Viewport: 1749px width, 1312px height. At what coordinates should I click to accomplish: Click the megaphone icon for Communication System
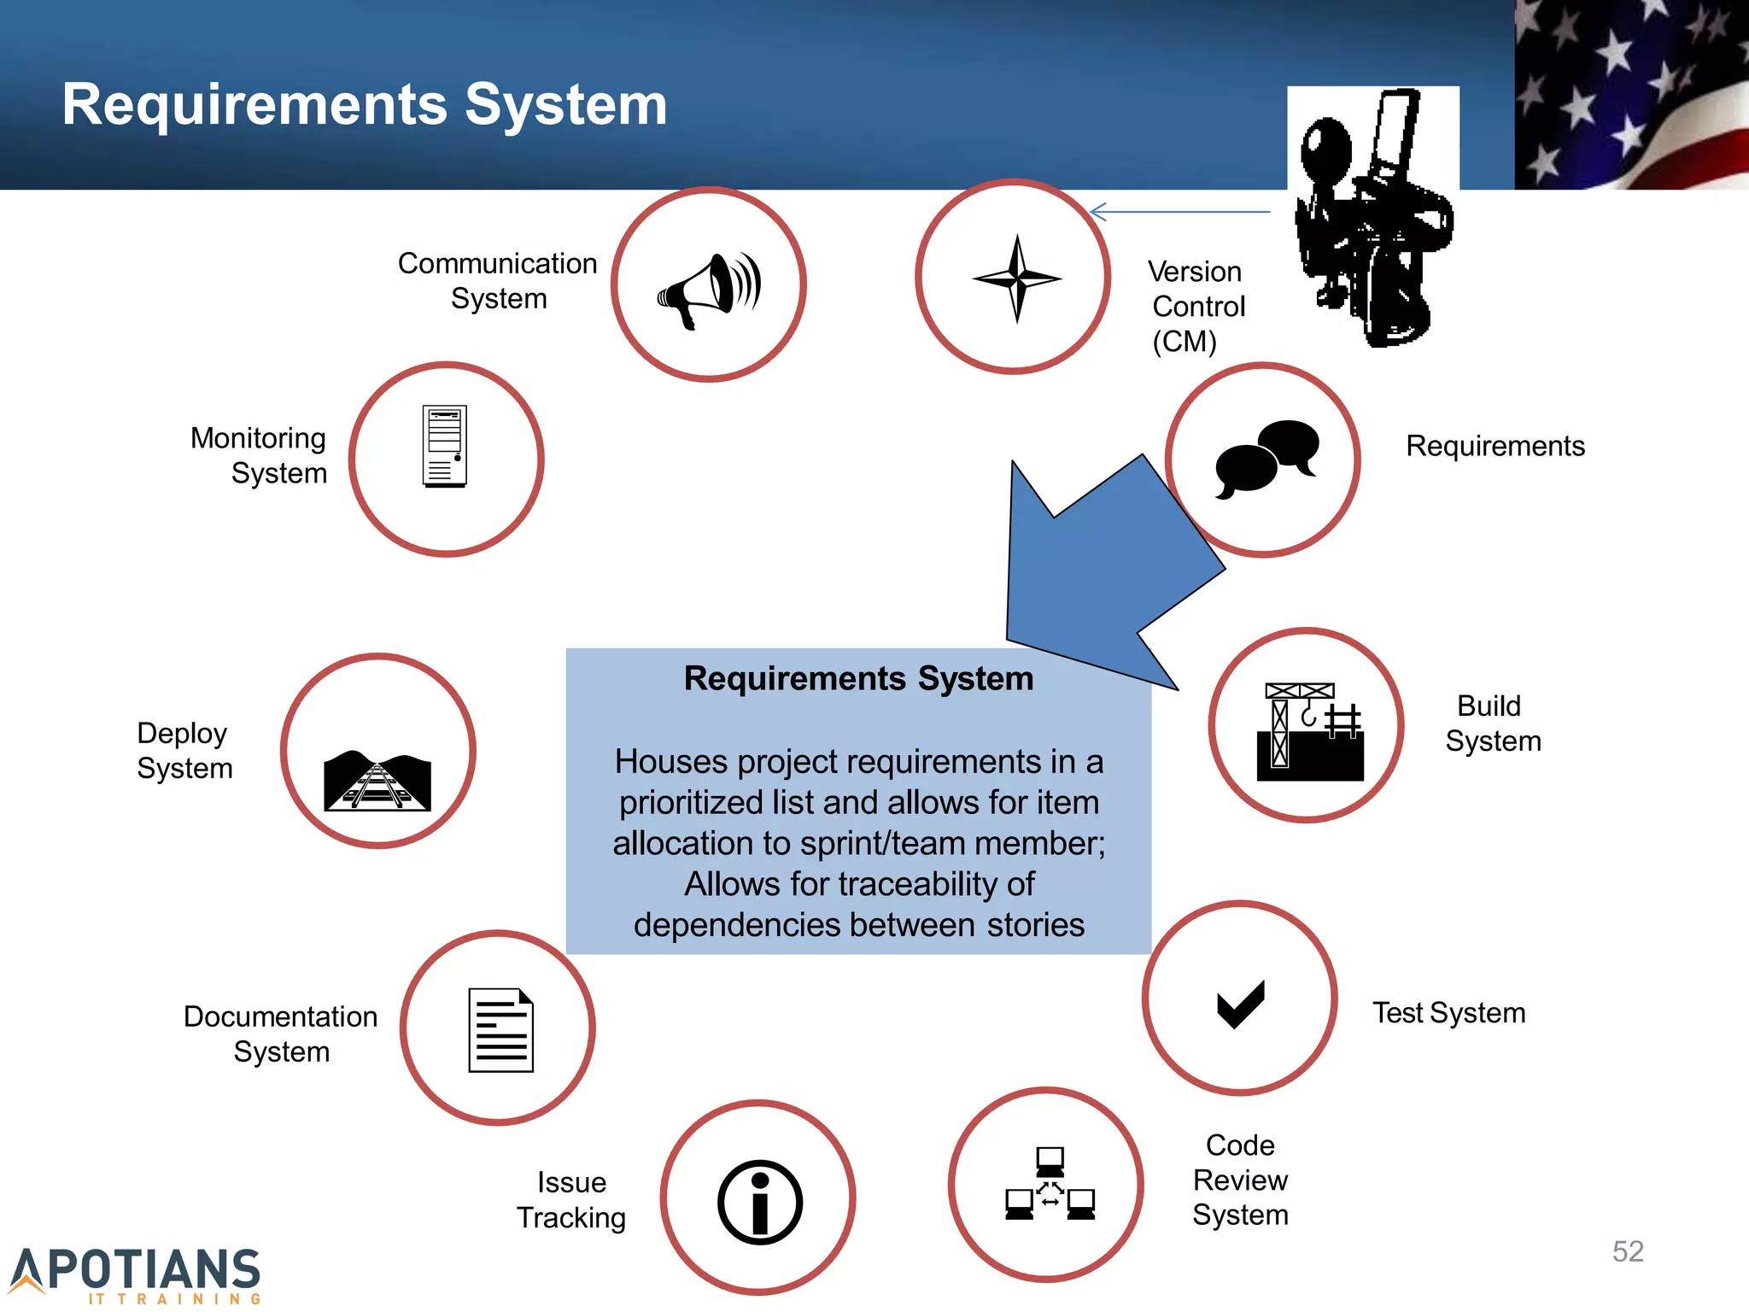tap(709, 289)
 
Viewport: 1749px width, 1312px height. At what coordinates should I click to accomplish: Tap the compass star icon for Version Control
tap(1016, 278)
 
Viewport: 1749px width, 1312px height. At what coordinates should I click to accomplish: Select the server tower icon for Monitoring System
tap(445, 447)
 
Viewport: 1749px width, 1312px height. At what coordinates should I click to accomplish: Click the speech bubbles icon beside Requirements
tap(1266, 458)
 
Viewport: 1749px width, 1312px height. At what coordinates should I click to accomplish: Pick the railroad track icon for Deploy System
tap(377, 781)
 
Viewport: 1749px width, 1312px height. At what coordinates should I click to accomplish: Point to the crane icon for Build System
tap(1309, 731)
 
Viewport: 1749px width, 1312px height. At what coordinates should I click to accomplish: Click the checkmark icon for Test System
tap(1240, 1004)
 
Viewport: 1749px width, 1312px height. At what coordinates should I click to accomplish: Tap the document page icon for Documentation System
tap(500, 1030)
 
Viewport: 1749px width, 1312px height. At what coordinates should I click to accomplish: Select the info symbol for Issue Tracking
tap(759, 1202)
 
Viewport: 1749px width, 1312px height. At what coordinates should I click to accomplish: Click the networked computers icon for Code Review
tap(1050, 1184)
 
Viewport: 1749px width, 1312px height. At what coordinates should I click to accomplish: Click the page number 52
tap(1628, 1251)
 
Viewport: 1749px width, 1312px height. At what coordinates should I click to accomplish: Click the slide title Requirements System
tap(365, 104)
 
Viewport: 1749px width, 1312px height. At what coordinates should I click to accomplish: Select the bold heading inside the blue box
tap(858, 679)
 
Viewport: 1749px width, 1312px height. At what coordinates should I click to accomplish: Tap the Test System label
tap(1448, 1013)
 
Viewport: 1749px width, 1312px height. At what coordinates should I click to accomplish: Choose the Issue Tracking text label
tap(571, 1200)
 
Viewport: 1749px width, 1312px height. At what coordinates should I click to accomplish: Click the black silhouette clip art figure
tap(1371, 218)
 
